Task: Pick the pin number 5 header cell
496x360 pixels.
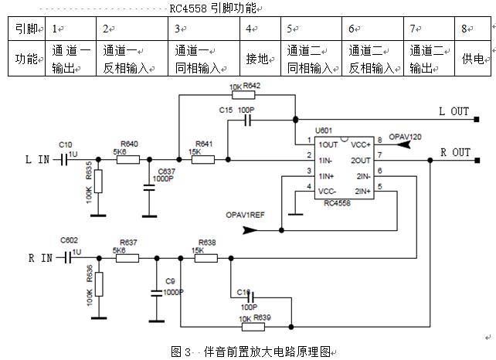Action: pyautogui.click(x=290, y=29)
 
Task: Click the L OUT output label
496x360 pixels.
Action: pyautogui.click(x=454, y=112)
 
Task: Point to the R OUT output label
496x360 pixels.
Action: pyautogui.click(x=454, y=153)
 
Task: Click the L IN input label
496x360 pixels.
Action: pyautogui.click(x=39, y=160)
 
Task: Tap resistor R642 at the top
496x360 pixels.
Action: pyautogui.click(x=246, y=96)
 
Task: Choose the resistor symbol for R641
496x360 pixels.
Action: pyautogui.click(x=204, y=160)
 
